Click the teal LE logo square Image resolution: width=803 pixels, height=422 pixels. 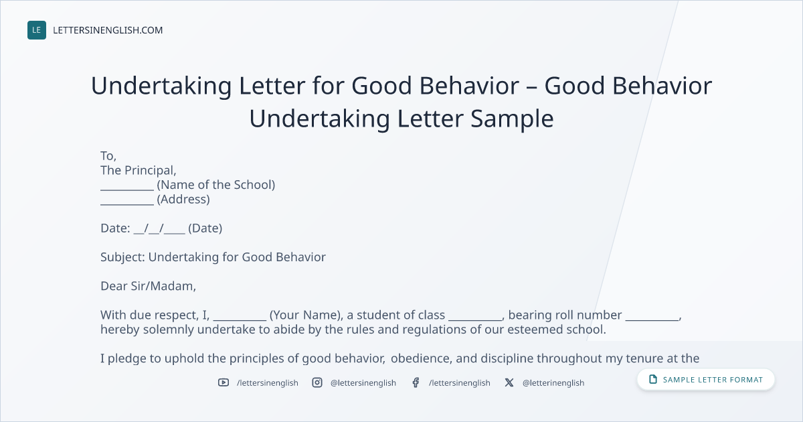(x=37, y=30)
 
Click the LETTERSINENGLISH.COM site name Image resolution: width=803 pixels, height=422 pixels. (x=108, y=30)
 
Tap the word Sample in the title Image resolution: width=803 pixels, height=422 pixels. (x=512, y=119)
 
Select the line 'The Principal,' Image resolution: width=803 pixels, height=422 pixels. (x=139, y=170)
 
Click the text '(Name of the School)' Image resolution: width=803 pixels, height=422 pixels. (x=215, y=185)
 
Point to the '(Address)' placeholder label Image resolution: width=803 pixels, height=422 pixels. (x=183, y=199)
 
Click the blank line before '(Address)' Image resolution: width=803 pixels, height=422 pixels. (x=127, y=204)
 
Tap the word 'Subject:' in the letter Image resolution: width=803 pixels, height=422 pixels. (x=122, y=257)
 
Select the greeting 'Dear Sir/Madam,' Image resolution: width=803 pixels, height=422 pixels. (x=148, y=286)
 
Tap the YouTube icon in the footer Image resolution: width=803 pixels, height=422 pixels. (x=224, y=382)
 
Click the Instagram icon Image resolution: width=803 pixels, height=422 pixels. (x=317, y=382)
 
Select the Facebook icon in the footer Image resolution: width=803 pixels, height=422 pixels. (x=416, y=382)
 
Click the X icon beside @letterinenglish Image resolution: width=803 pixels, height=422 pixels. (x=509, y=382)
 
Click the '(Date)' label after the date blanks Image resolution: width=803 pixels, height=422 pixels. (x=205, y=228)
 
